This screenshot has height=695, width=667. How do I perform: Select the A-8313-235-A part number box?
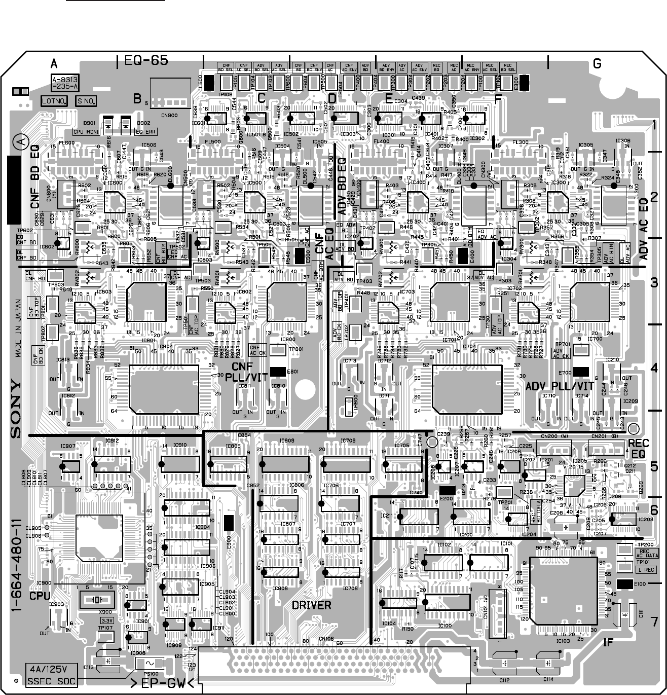click(x=65, y=83)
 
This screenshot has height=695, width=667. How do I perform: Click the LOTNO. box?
click(x=55, y=101)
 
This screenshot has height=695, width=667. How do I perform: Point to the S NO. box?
click(x=86, y=101)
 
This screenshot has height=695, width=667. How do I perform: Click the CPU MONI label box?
click(x=87, y=132)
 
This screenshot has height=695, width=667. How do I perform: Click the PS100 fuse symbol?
click(x=151, y=663)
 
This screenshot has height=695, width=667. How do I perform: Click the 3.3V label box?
click(x=106, y=620)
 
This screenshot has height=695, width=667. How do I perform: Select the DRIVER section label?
click(x=311, y=605)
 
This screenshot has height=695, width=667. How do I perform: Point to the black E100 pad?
click(x=625, y=584)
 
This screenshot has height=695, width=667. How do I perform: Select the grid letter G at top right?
click(x=597, y=64)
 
